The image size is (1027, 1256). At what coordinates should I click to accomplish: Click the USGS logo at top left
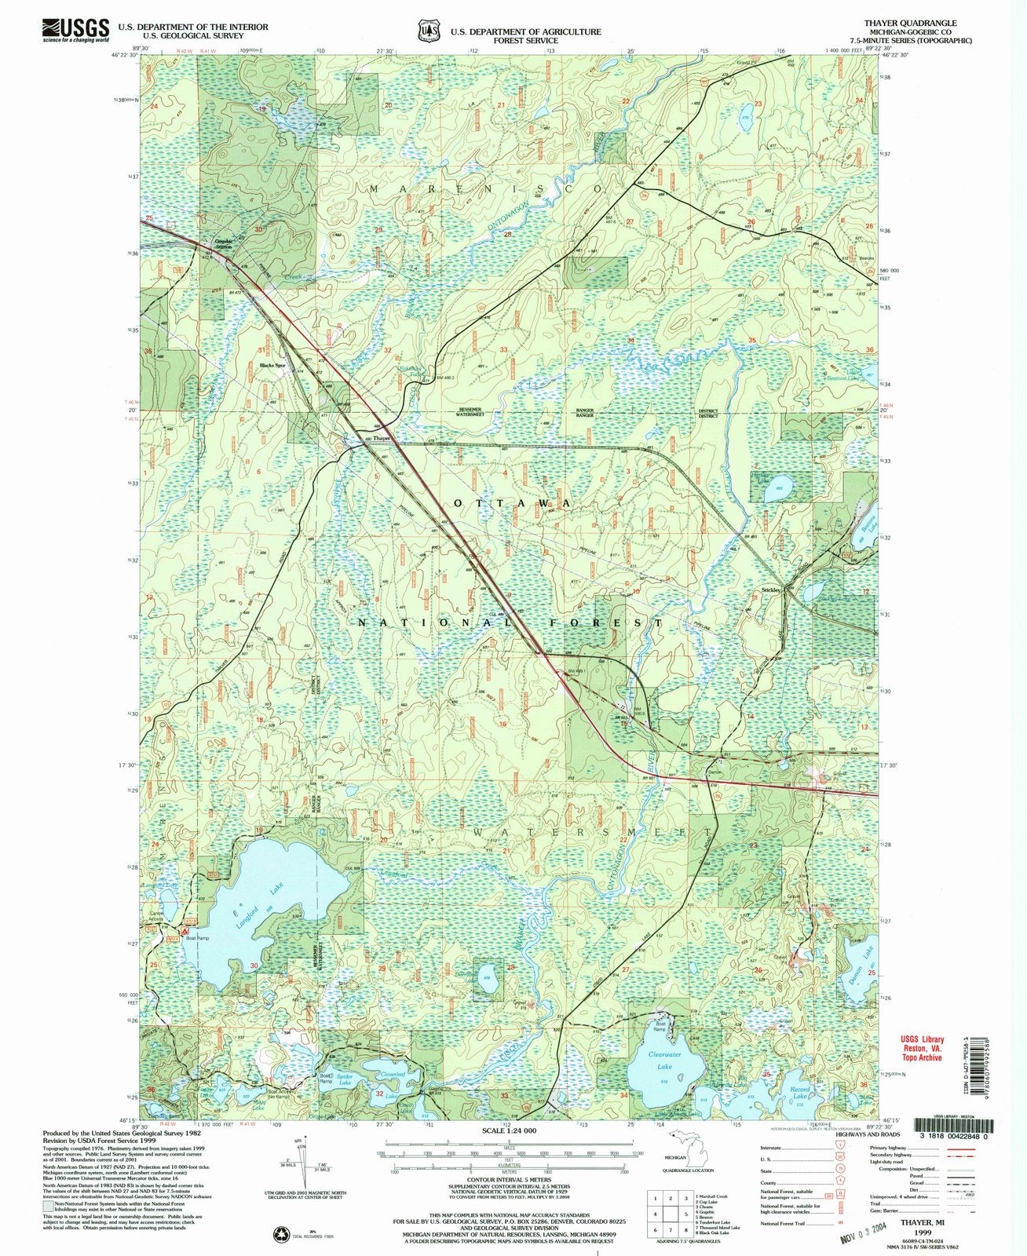point(75,30)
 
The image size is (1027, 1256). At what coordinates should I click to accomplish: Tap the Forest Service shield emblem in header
point(429,31)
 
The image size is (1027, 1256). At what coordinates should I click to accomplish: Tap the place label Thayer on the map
point(382,438)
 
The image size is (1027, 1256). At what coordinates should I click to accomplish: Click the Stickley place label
point(770,590)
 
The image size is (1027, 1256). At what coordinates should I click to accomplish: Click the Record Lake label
point(799,1090)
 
